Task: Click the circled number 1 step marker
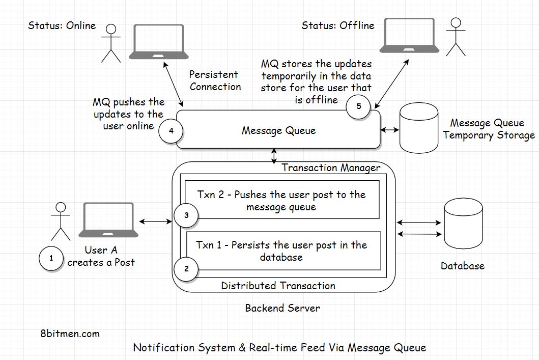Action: coord(51,259)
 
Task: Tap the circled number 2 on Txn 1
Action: coord(186,268)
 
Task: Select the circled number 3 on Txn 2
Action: coord(186,215)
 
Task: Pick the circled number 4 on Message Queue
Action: coord(171,131)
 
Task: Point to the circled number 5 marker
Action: coord(359,106)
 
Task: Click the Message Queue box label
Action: coord(278,131)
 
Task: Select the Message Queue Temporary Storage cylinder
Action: coord(419,128)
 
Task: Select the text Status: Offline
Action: coord(337,25)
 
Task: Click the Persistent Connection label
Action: coord(215,80)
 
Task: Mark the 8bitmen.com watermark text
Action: coord(69,334)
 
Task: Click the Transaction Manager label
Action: coord(331,168)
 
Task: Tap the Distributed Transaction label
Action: coord(278,286)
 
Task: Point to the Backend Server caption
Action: coord(282,308)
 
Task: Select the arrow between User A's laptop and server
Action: coord(156,221)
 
